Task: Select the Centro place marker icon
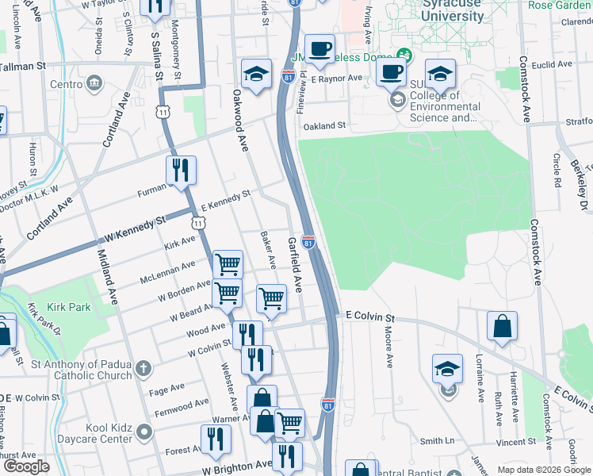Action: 94,83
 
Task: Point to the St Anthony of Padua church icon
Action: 143,369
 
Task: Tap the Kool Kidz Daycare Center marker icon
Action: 143,432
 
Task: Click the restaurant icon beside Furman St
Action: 181,171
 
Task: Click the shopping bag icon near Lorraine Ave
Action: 503,327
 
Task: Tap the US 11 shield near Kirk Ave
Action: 197,225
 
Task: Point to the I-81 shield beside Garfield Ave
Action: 308,241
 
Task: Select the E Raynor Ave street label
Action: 336,79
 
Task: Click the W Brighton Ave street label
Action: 237,469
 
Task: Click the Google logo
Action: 26,466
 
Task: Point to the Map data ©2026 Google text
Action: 544,470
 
